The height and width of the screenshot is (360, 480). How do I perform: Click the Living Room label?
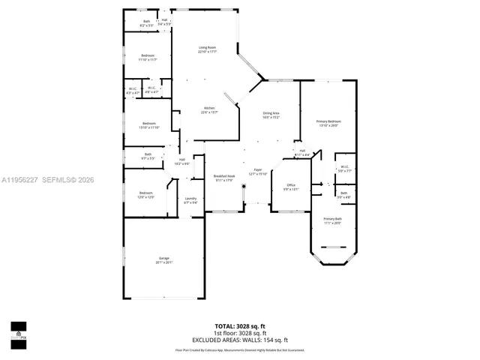(x=208, y=50)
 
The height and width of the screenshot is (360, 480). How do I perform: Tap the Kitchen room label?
(x=209, y=111)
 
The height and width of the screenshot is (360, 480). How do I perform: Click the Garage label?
(x=163, y=259)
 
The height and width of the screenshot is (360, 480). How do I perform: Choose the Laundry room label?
(x=190, y=200)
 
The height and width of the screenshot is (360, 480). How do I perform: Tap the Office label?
(x=291, y=187)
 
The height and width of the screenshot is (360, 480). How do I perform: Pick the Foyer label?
(x=258, y=172)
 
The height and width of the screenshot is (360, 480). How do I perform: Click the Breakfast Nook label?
(x=224, y=178)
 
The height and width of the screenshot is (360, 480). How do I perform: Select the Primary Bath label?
(x=332, y=221)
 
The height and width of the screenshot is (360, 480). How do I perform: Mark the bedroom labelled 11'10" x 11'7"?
(x=148, y=58)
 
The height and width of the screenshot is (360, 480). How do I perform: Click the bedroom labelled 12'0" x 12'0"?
(x=145, y=195)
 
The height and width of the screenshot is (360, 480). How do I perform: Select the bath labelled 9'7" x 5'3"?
(x=148, y=157)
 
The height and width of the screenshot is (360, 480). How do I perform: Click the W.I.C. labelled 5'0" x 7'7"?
(x=344, y=169)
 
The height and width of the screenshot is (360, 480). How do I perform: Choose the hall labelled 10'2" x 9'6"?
(x=182, y=160)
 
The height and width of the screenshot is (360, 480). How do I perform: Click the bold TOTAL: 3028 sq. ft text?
(x=240, y=326)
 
